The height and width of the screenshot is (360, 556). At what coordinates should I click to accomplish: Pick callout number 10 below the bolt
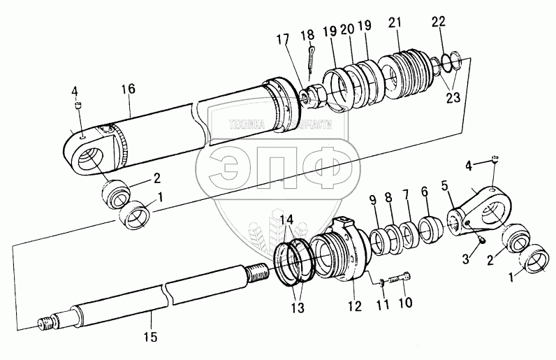coord(406,303)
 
